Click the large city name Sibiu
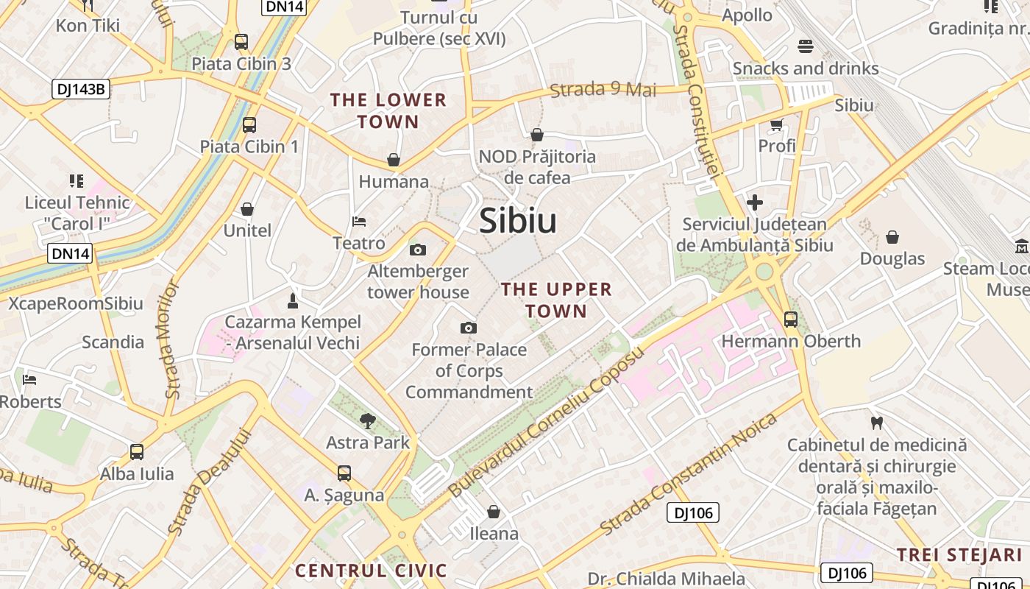point(518,221)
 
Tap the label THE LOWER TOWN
point(388,110)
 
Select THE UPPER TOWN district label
point(556,300)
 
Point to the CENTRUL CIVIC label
point(371,571)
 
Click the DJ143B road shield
point(81,90)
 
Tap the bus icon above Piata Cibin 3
point(241,42)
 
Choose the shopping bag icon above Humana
point(394,160)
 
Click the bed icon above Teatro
point(359,221)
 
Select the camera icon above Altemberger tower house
point(418,250)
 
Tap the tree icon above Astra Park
point(367,421)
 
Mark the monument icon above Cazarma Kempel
point(292,300)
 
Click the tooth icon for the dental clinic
point(876,423)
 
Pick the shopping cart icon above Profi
point(776,124)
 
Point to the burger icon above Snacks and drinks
point(805,46)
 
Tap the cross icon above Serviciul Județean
point(755,202)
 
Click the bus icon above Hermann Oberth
point(791,320)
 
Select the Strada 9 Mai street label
point(603,90)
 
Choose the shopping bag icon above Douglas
point(892,237)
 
